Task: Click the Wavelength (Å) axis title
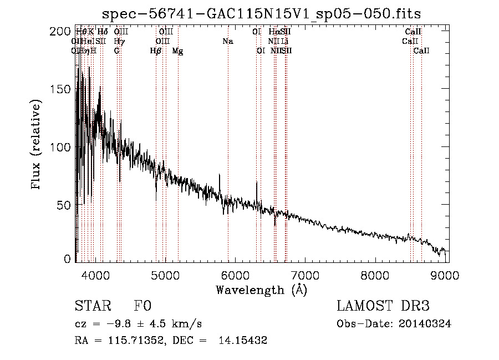[x=261, y=290]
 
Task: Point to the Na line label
[x=227, y=41]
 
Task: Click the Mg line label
[x=177, y=50]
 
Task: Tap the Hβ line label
[x=156, y=50]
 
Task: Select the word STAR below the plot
[x=93, y=306]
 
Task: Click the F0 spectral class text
[x=142, y=306]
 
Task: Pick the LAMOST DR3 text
[x=383, y=306]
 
